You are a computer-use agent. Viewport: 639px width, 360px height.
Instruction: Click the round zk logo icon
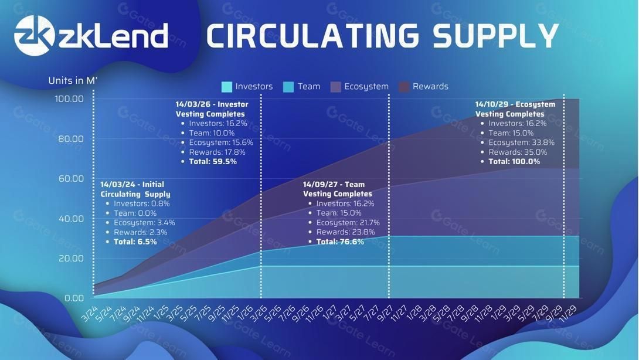(34, 35)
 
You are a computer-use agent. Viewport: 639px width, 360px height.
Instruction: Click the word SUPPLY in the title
(495, 35)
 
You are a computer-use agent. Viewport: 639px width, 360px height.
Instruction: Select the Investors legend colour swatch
(227, 86)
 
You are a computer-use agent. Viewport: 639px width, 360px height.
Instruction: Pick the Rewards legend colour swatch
(404, 86)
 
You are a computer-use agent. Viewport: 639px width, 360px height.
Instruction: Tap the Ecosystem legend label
(366, 86)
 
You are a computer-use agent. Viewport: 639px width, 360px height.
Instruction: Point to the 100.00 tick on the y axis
(69, 99)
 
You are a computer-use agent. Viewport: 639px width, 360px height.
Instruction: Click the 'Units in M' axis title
(73, 80)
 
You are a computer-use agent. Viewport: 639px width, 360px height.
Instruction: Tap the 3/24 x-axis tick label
(90, 314)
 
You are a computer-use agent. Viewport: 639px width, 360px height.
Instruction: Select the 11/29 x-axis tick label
(568, 314)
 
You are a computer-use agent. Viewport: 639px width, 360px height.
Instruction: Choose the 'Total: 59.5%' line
(213, 161)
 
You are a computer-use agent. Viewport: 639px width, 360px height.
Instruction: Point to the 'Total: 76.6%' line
(340, 242)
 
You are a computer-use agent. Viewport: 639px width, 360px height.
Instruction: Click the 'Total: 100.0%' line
(514, 161)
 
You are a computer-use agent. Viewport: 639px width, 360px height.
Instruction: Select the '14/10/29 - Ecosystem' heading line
(515, 104)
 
